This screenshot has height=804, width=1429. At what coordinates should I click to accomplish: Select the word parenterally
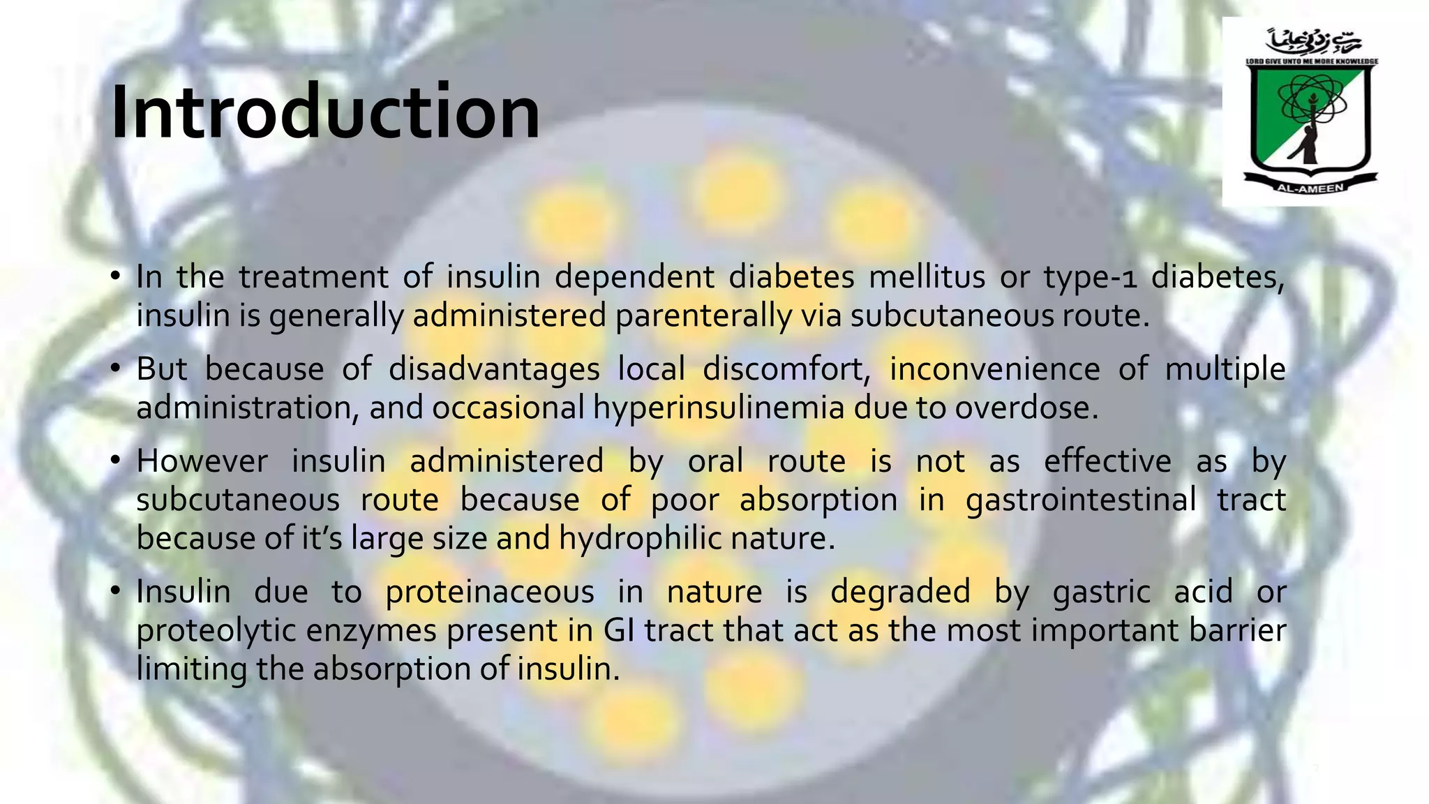703,315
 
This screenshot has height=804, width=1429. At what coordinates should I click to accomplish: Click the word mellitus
927,277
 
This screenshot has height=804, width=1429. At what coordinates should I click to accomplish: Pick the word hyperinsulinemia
719,408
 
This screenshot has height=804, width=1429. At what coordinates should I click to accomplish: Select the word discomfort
786,369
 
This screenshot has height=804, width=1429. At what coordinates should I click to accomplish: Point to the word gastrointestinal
1081,500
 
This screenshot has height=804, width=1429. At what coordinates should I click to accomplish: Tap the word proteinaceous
490,592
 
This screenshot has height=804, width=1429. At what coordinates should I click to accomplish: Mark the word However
202,461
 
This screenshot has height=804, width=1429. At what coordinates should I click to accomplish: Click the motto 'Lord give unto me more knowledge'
1312,61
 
